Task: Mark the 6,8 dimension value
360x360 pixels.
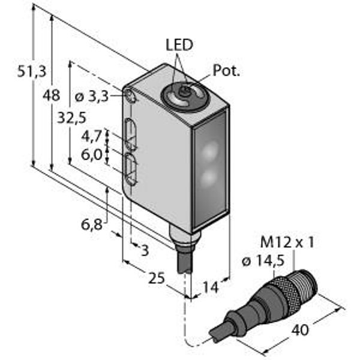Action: click(x=92, y=226)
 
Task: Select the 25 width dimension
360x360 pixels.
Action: click(x=157, y=278)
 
